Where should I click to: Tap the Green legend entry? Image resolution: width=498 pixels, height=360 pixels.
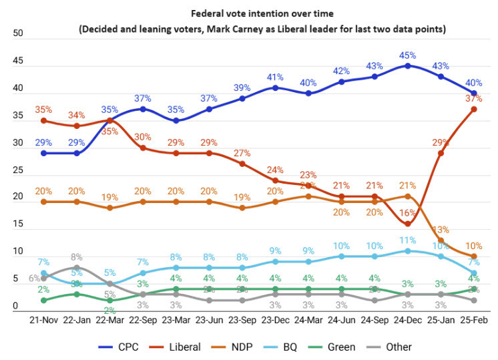tap(341, 347)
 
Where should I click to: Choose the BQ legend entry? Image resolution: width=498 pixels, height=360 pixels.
tap(290, 347)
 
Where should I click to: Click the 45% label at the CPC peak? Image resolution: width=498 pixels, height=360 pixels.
tap(407, 55)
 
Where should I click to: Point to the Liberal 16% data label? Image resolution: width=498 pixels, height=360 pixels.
tap(407, 212)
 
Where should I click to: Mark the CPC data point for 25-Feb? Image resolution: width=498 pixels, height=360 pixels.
tap(473, 93)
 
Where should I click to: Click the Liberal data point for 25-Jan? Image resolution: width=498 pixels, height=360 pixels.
tap(440, 153)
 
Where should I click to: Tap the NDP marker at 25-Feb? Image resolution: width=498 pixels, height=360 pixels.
tap(473, 256)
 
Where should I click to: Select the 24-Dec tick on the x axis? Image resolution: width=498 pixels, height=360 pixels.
tap(407, 321)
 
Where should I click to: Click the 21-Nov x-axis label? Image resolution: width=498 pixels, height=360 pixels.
tap(44, 321)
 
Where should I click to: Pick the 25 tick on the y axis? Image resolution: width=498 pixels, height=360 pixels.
tap(18, 170)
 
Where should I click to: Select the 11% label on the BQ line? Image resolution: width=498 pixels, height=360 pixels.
tap(407, 239)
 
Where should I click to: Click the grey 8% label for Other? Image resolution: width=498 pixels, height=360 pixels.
tap(76, 256)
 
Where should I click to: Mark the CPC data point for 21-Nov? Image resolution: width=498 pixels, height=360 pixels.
tap(44, 153)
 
